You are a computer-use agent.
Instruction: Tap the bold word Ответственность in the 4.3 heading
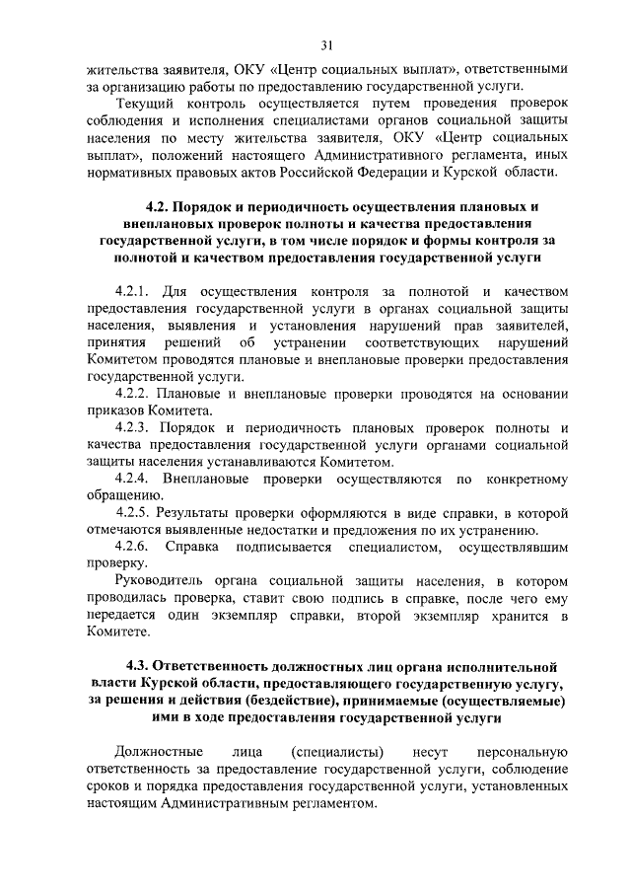point(226,666)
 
